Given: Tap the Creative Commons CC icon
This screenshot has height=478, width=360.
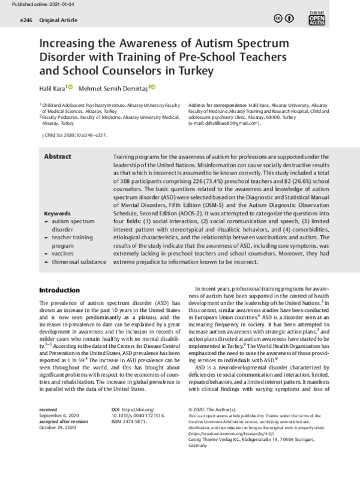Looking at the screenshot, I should click(x=278, y=19).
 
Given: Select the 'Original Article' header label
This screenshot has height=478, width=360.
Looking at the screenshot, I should click(x=59, y=20).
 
